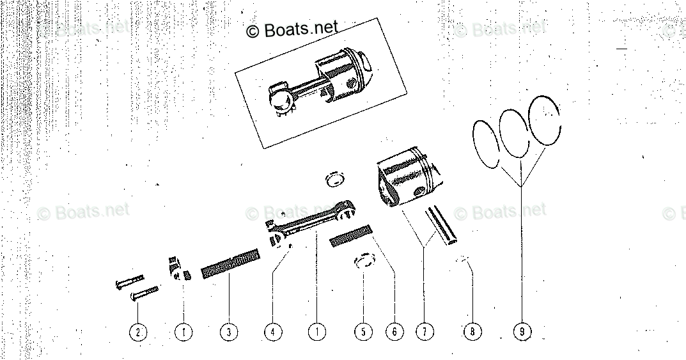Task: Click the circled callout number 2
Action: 137,332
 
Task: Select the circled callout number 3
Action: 228,332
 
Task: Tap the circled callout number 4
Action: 272,332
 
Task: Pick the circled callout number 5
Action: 362,332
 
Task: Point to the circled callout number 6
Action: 394,332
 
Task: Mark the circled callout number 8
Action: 472,332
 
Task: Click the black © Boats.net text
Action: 292,29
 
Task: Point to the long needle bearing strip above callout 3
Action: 230,265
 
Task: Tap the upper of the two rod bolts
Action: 130,280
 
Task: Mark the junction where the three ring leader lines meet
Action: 521,185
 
